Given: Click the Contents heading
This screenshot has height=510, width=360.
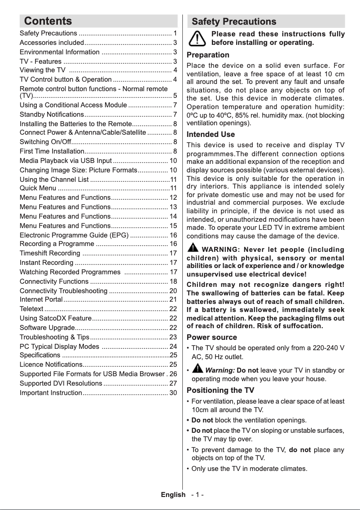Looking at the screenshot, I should (x=48, y=21).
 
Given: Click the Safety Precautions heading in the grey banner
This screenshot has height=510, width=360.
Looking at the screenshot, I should (x=234, y=22).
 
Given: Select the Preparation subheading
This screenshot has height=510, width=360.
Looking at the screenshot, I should (x=208, y=55).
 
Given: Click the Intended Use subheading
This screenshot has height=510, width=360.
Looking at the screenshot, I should (x=211, y=134).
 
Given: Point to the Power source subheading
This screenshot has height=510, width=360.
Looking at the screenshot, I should (x=211, y=337).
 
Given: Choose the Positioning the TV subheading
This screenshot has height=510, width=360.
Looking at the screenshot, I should (x=220, y=390).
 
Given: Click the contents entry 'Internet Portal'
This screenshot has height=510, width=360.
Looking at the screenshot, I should (x=41, y=299).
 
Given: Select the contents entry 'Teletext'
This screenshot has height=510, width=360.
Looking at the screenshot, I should (x=31, y=309).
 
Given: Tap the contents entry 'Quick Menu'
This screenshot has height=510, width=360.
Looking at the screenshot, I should (x=38, y=188).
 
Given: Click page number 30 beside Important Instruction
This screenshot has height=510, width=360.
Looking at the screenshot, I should (x=173, y=393).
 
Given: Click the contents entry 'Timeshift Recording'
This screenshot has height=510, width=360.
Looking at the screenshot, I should (x=50, y=253).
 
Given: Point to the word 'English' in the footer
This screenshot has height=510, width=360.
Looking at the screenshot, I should (x=173, y=495).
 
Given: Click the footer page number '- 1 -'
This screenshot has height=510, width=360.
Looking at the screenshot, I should (x=197, y=495).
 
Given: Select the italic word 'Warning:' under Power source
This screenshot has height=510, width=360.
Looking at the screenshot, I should (x=220, y=370).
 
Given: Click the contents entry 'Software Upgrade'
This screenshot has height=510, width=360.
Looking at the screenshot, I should (x=47, y=327).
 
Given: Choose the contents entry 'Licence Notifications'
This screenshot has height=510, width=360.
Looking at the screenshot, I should (x=51, y=365).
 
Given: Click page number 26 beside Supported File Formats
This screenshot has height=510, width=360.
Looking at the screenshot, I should (x=173, y=374).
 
